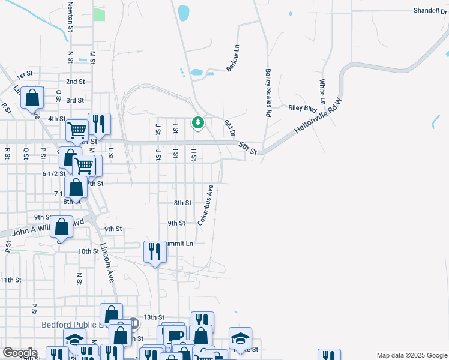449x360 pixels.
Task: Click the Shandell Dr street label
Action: [x=430, y=11]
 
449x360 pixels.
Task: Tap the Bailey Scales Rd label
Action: [x=268, y=92]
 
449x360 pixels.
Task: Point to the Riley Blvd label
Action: [x=302, y=109]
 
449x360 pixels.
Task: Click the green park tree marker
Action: [x=197, y=123]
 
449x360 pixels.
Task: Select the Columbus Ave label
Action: [x=206, y=205]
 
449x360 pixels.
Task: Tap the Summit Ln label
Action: [x=179, y=244]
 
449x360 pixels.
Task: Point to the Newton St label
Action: [x=71, y=16]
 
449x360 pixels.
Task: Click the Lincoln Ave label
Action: [x=107, y=263]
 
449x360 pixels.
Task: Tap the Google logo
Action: [x=20, y=353]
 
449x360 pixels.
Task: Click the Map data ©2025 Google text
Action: [x=412, y=355]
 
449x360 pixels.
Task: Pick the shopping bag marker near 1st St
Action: [x=32, y=97]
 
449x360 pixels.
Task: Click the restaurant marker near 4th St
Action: [x=99, y=124]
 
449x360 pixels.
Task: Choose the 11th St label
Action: [x=11, y=280]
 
